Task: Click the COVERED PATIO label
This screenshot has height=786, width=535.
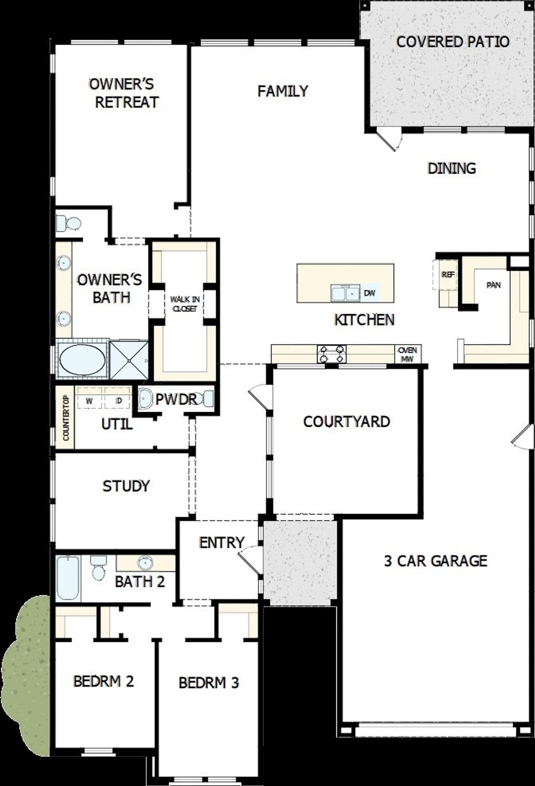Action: (453, 42)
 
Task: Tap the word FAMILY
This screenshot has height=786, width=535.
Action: (283, 91)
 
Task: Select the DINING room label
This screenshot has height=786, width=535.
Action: (452, 168)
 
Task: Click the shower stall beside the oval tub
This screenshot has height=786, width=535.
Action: (128, 360)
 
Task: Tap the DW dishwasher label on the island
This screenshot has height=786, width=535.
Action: (369, 293)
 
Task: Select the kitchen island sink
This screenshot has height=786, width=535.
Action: (345, 293)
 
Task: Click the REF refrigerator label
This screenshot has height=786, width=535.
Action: (448, 275)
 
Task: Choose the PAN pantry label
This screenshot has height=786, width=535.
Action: (494, 285)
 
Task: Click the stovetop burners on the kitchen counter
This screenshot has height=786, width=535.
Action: (332, 354)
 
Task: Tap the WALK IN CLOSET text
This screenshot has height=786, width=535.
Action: (184, 304)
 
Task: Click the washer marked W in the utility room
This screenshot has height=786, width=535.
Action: (89, 401)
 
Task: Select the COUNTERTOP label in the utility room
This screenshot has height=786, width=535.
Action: (66, 418)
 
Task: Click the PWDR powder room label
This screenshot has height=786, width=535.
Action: (176, 399)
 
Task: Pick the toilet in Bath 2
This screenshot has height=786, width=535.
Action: (99, 568)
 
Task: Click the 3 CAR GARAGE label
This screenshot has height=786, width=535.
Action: (436, 561)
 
